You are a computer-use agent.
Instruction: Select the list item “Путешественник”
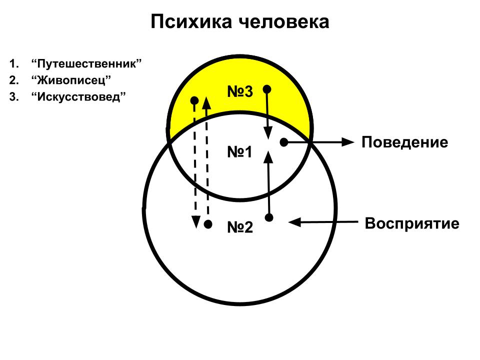click(86, 64)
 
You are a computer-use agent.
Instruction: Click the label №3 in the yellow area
click(240, 92)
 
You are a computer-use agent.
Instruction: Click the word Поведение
click(404, 142)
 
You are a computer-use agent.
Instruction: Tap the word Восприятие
click(412, 223)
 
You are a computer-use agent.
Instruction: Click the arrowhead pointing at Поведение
click(347, 142)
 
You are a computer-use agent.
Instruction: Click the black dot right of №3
click(267, 89)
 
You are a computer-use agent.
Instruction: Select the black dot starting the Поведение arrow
click(283, 142)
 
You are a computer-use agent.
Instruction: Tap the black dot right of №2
click(269, 217)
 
